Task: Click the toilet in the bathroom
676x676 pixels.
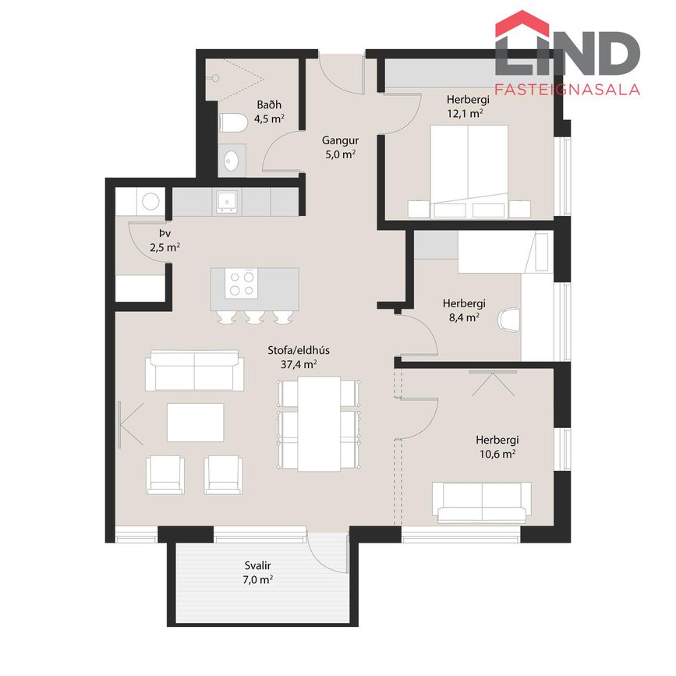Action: pos(233,123)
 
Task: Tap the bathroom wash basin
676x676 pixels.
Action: pos(232,161)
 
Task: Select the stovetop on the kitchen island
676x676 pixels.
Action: pos(241,283)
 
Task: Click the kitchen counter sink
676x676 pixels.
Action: pos(226,202)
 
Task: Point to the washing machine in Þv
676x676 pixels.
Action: pos(150,201)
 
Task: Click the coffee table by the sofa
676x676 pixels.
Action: pos(195,423)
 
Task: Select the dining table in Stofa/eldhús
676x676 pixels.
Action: pos(319,424)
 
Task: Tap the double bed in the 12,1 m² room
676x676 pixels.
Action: pos(469,172)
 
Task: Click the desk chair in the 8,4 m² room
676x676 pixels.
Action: pos(509,320)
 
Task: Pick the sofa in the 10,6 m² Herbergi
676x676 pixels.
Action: pos(482,503)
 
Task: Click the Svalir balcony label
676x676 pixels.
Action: pos(257,565)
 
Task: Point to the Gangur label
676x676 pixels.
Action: pos(340,140)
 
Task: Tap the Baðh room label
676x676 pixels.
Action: pos(269,104)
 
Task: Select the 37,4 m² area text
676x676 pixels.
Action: pos(299,364)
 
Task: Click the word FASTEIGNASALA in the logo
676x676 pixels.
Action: pos(567,89)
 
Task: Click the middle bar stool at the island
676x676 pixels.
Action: pos(255,317)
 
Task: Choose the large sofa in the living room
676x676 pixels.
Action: pos(194,370)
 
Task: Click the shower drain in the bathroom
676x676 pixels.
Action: pos(216,78)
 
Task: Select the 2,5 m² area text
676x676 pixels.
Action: pos(165,247)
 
